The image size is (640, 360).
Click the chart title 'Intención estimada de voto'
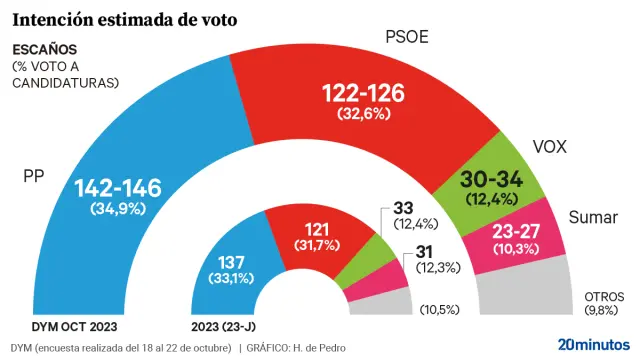[x=124, y=17]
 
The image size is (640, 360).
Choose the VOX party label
[x=550, y=147]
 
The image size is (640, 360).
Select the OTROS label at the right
[x=603, y=297]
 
